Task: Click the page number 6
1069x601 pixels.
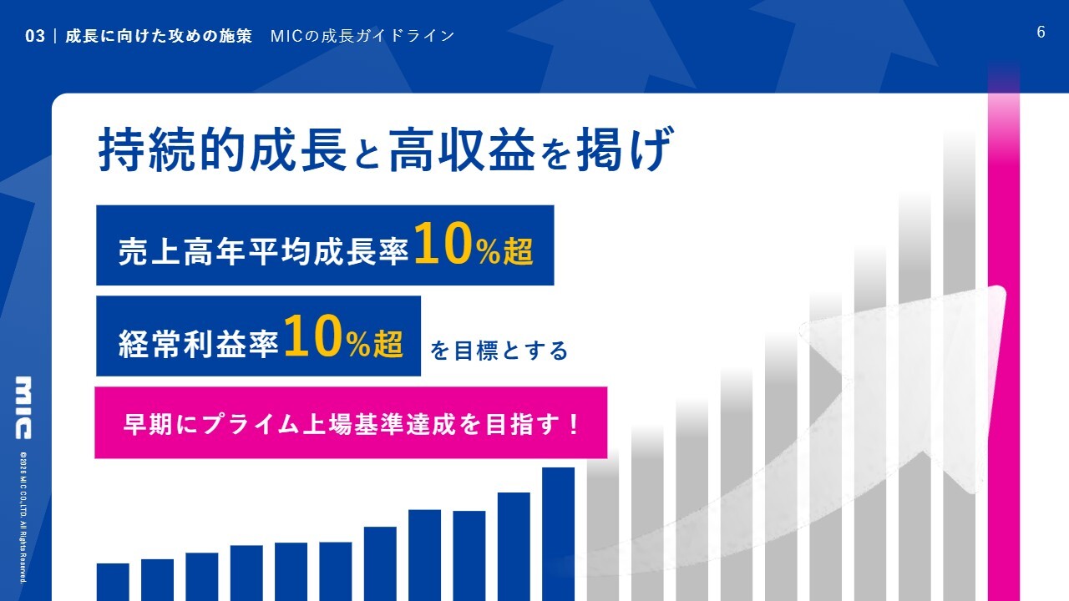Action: tap(1041, 33)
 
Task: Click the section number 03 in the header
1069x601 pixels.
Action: tap(35, 36)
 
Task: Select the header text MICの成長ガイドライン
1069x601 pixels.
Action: tap(362, 36)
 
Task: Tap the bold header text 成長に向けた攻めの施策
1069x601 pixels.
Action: tap(159, 36)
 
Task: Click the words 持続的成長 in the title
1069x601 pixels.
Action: tap(222, 149)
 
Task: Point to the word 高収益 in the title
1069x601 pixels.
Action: tap(462, 149)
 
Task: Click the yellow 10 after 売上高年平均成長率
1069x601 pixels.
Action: tap(443, 244)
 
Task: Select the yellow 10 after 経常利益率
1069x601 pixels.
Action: tap(313, 336)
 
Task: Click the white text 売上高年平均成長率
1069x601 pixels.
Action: tap(263, 251)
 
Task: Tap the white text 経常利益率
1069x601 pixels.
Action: tap(199, 343)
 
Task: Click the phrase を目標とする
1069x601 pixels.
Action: tap(499, 351)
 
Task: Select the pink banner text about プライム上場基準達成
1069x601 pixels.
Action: tap(352, 424)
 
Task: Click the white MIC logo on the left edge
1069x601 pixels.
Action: tap(23, 408)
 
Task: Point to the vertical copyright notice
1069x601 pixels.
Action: tap(23, 518)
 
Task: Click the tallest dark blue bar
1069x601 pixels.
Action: tap(558, 534)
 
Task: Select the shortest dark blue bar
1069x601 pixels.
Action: tap(113, 583)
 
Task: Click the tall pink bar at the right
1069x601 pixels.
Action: tap(1004, 334)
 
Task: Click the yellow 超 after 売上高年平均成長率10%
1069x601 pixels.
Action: tap(519, 251)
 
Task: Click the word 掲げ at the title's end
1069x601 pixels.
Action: tap(626, 149)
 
